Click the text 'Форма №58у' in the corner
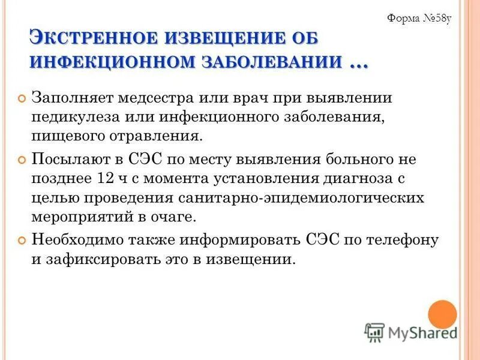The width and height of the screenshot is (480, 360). (419, 17)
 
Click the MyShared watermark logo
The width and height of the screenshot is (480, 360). (411, 331)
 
